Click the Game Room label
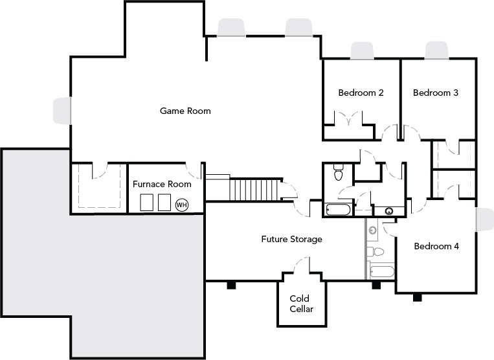pos(185,111)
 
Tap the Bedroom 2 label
pos(361,93)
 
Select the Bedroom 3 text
pos(436,93)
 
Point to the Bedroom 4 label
pos(436,246)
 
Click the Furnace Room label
pos(162,184)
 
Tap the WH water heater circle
pos(181,205)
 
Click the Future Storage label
pos(291,239)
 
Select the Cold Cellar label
pos(301,304)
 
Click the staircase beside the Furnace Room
pos(255,190)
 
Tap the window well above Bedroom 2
pos(361,51)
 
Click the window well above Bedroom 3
pos(436,50)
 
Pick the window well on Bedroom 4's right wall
pos(484,219)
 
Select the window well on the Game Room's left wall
pos(62,110)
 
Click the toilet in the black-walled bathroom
pos(338,173)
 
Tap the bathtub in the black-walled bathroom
pos(337,209)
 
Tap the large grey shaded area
pos(97,272)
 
